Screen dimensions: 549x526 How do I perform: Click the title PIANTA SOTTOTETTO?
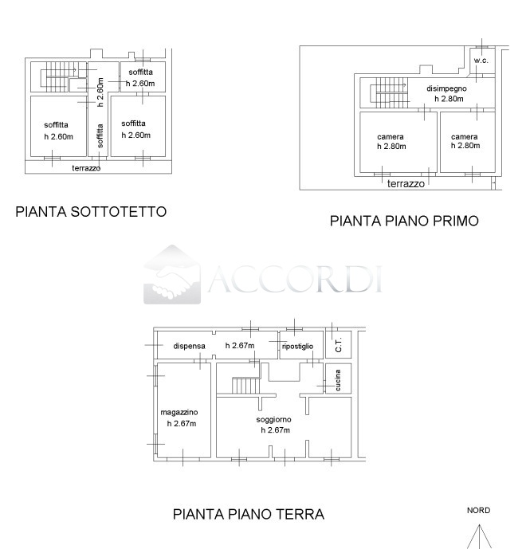click(x=91, y=212)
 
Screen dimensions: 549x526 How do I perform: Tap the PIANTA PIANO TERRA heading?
click(x=249, y=514)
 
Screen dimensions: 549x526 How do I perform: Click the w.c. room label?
click(x=481, y=61)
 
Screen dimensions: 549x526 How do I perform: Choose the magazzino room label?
click(x=179, y=411)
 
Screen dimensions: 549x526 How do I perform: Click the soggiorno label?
click(x=273, y=419)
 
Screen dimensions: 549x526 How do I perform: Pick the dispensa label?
click(x=190, y=347)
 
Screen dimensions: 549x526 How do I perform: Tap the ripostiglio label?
click(x=298, y=347)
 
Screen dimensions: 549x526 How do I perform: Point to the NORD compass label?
click(x=478, y=511)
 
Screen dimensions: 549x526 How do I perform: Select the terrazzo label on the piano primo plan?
click(x=406, y=183)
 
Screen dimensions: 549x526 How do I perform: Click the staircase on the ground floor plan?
click(x=245, y=386)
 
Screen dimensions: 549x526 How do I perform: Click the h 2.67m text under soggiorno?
click(x=274, y=430)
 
